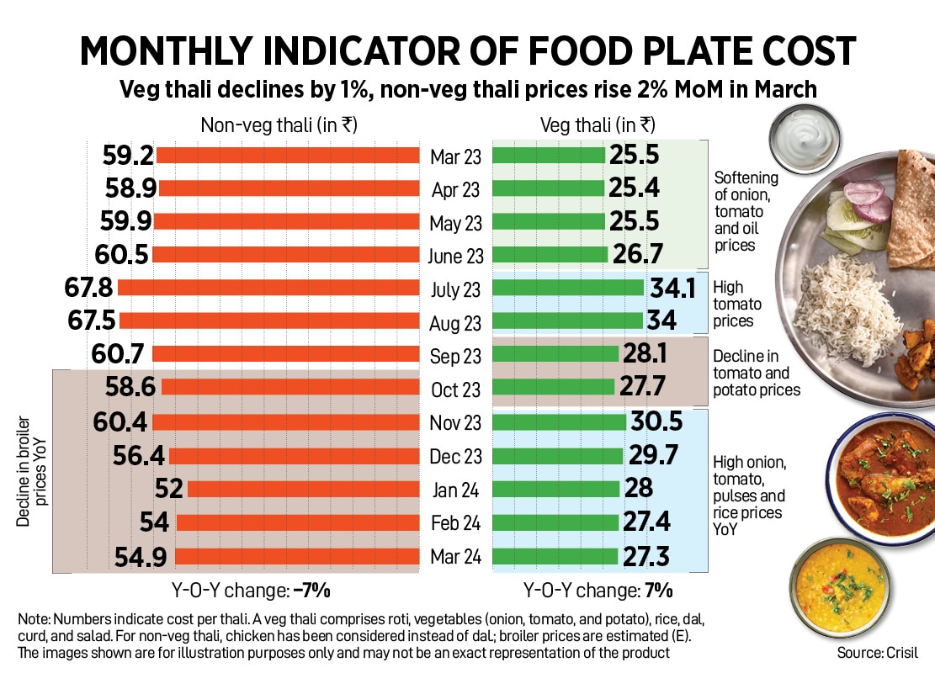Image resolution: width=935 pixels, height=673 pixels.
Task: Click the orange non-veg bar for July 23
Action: coord(268,289)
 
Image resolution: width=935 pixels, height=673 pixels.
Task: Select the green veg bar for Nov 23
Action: coord(559,422)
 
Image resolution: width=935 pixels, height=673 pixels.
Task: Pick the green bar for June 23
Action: coord(549,255)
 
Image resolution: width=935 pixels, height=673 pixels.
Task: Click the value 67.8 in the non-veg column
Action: coord(88,289)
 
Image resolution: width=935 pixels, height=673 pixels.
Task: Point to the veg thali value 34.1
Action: coord(672,289)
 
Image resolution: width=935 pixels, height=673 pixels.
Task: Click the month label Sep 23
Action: coord(455,357)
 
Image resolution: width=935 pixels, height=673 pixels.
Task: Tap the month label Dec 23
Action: coord(455,457)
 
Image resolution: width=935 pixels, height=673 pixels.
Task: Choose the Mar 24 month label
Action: coord(455,557)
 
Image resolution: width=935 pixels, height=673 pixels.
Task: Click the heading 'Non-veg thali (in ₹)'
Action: coord(279,125)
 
